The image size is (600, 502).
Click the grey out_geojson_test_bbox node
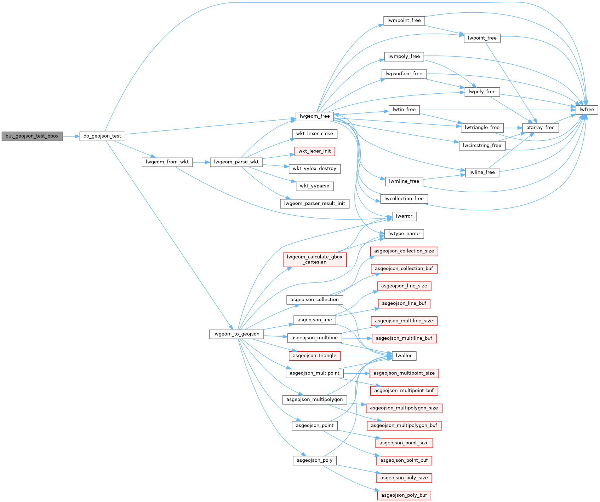click(32, 136)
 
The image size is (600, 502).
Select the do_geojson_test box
click(102, 136)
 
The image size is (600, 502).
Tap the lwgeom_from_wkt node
click(167, 162)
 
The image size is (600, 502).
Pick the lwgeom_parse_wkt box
click(236, 162)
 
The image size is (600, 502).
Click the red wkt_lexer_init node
click(314, 151)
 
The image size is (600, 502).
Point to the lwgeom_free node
click(314, 116)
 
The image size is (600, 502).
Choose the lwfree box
click(587, 110)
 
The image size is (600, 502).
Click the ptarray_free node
click(540, 128)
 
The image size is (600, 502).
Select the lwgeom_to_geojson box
click(236, 334)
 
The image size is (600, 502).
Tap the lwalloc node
click(404, 356)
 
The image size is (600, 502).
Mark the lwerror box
click(404, 216)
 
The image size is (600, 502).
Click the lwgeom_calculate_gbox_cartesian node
click(314, 259)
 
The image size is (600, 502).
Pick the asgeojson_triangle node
click(314, 356)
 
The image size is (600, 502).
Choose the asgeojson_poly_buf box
click(404, 495)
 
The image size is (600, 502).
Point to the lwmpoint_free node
click(404, 21)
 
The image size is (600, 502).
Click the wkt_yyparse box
click(314, 186)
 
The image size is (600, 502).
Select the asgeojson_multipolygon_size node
click(404, 408)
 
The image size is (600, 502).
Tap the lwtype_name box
click(404, 234)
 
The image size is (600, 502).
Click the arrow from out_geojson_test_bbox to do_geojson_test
click(71, 136)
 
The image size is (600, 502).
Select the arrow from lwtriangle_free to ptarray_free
click(513, 128)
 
